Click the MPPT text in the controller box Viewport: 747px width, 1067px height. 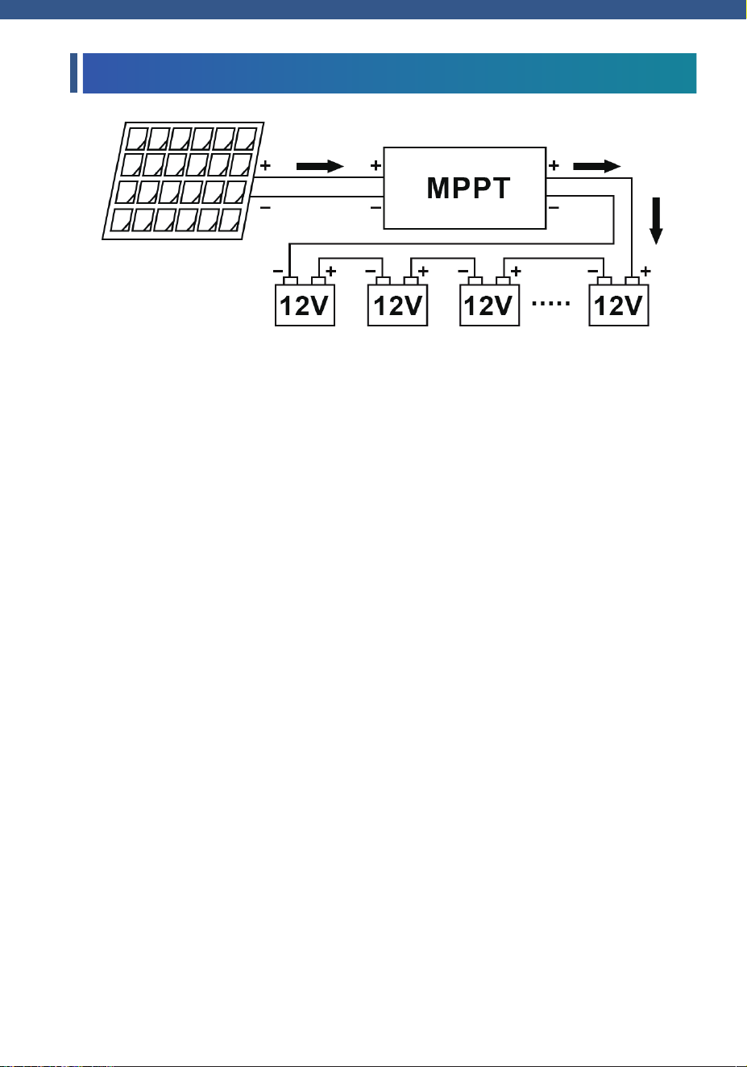click(468, 188)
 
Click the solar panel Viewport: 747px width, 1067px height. click(183, 181)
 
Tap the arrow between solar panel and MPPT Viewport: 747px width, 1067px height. click(320, 166)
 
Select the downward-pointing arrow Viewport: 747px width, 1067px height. click(657, 221)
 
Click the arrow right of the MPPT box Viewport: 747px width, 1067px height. click(597, 166)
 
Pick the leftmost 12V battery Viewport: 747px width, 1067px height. click(305, 301)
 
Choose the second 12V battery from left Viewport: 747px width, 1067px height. click(397, 301)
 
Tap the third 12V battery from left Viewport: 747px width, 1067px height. click(489, 301)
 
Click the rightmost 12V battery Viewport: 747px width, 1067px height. click(619, 301)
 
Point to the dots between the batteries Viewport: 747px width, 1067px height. click(550, 303)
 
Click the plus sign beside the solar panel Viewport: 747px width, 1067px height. click(265, 165)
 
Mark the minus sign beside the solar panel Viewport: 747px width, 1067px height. click(265, 207)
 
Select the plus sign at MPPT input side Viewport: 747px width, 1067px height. click(376, 165)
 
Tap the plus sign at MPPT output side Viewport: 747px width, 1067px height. click(554, 165)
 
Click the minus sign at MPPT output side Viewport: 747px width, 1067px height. click(554, 207)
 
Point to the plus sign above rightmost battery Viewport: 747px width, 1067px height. click(645, 271)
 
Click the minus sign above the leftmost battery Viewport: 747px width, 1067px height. click(278, 271)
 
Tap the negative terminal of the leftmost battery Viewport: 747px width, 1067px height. click(291, 281)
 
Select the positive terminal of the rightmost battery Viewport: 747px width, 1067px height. click(633, 281)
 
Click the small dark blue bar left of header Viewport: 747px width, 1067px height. click(74, 73)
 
